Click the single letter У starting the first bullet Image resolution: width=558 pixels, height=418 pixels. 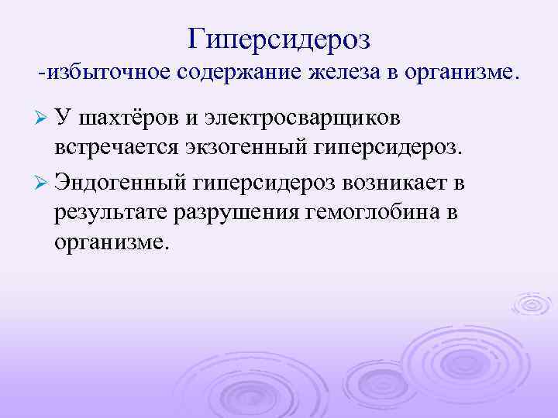(64, 118)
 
